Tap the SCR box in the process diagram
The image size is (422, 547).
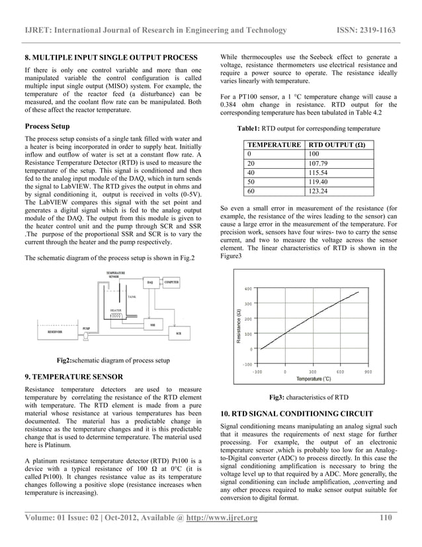[x=179, y=333]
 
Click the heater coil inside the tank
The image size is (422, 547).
[x=116, y=317]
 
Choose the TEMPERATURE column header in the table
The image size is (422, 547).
[x=273, y=144]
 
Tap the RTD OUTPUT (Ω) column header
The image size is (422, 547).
[x=337, y=144]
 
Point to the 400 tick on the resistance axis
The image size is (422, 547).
[x=247, y=289]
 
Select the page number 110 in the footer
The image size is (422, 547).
[x=388, y=517]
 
